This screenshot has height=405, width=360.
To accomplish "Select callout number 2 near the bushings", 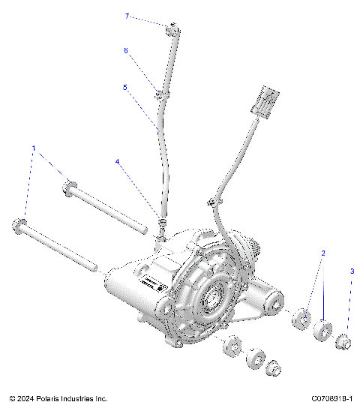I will coord(323,253).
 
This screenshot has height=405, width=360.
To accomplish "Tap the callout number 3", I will coord(352,270).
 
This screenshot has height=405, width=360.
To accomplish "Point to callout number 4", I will coord(118,161).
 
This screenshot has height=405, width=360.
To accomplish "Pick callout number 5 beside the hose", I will coord(125,87).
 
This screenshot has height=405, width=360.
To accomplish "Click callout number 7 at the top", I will coord(127,16).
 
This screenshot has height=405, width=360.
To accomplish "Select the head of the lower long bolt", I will coord(19,224).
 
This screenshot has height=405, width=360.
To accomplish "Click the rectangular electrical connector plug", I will coord(266,100).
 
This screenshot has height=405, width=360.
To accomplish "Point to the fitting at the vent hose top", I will coord(172,30).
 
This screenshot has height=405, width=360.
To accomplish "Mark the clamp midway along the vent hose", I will coord(160,95).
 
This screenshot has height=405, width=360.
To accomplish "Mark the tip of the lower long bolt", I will coord(94,265).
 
